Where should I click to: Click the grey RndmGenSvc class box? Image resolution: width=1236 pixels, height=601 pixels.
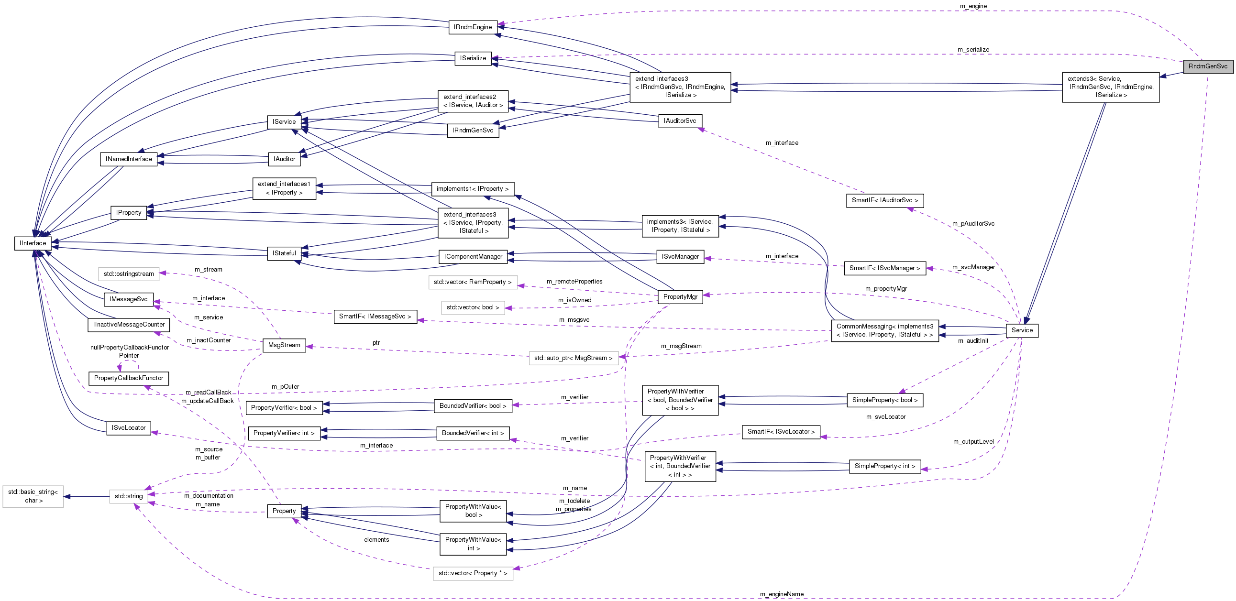coord(1208,66)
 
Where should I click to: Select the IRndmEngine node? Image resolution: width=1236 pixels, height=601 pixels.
coord(473,27)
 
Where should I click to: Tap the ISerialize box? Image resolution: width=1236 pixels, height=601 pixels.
coord(473,58)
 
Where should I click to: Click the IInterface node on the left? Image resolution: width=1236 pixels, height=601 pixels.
coord(33,243)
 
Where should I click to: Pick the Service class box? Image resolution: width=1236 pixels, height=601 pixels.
coord(1022,330)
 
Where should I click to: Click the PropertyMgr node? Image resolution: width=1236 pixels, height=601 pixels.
coord(680,296)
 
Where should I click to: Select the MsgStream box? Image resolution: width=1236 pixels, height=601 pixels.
coord(284,345)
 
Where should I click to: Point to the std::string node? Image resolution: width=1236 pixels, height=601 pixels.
coord(129,496)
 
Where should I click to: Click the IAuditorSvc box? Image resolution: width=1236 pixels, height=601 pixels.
coord(679,120)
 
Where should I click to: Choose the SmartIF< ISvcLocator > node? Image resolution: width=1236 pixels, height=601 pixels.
coord(781,432)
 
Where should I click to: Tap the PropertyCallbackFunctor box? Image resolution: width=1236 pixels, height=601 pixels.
coord(129,378)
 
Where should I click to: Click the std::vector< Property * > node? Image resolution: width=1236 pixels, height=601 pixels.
coord(473,573)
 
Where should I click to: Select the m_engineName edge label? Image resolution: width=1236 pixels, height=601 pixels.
coord(782,594)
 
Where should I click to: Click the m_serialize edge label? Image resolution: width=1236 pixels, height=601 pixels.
coord(973,49)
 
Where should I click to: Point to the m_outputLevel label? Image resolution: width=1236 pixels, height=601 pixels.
coord(973,441)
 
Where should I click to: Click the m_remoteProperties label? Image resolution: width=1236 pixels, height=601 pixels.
coord(574,282)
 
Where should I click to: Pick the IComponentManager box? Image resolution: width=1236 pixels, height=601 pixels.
coord(473,257)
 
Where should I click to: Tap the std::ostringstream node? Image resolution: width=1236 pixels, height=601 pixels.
coord(129,274)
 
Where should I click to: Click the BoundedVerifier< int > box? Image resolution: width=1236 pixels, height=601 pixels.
coord(473,433)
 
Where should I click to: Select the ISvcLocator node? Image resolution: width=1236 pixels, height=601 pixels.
coord(128,427)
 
